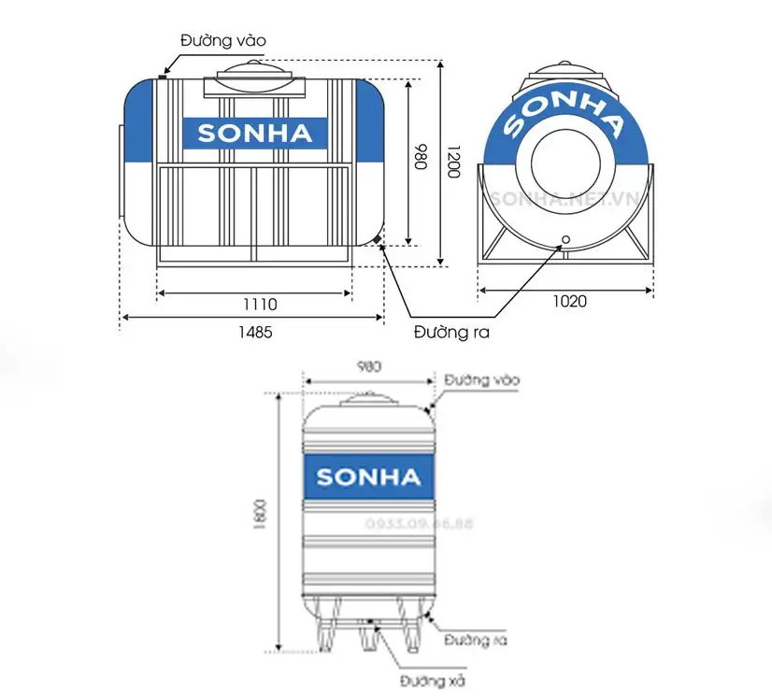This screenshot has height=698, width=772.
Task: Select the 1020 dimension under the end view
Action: [568, 301]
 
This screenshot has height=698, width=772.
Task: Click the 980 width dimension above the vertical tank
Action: [369, 366]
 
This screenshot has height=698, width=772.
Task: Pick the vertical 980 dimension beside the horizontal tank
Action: [420, 157]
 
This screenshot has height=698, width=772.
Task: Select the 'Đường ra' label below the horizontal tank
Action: [452, 332]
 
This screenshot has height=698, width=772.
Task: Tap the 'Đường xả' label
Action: [435, 679]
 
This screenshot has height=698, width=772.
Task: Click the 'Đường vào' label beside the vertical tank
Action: [481, 380]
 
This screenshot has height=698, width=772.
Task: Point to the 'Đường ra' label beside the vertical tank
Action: [476, 640]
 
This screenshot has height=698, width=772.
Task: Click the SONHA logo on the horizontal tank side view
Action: [254, 134]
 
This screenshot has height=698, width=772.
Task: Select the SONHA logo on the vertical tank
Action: [368, 477]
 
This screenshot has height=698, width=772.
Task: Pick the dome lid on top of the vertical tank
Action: [369, 399]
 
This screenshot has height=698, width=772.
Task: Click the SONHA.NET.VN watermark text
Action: [565, 198]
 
